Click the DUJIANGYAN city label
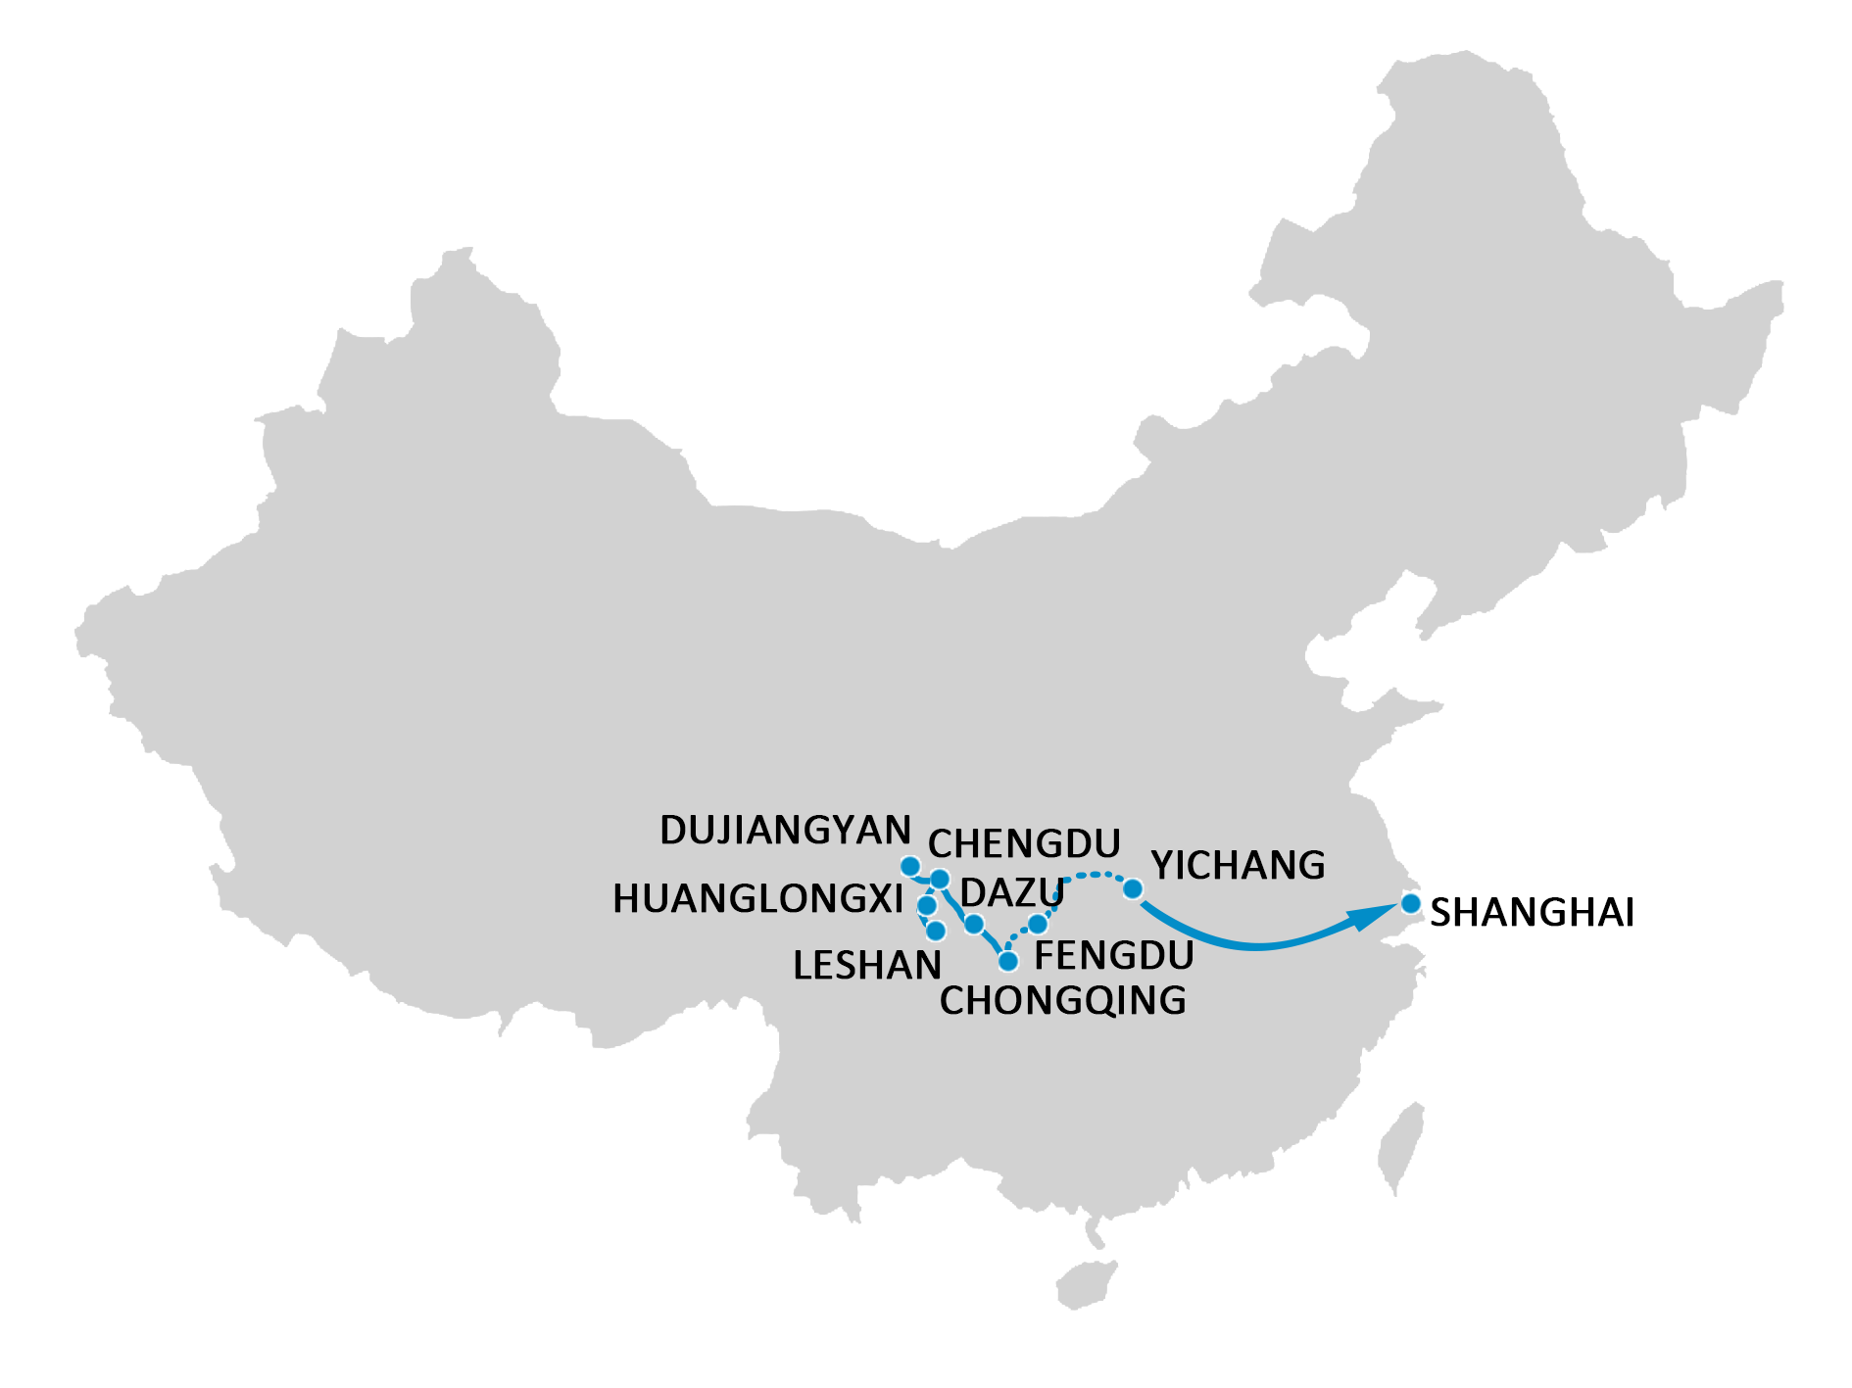click(x=785, y=831)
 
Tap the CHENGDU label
click(x=1024, y=843)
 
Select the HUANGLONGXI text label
click(x=757, y=899)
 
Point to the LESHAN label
click(x=866, y=966)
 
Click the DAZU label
click(x=1011, y=892)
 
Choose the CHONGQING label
click(x=1062, y=1001)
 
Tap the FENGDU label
click(x=1113, y=955)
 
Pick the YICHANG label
click(x=1238, y=866)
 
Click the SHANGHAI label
click(x=1532, y=913)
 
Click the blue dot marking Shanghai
click(x=1410, y=903)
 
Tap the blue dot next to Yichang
click(x=1132, y=888)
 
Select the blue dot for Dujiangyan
click(x=910, y=867)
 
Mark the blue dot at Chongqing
click(x=1007, y=961)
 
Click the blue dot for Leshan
click(x=936, y=931)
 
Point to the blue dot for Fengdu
click(x=1038, y=924)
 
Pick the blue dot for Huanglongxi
click(x=926, y=905)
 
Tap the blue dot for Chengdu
click(x=939, y=879)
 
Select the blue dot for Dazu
click(x=973, y=924)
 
